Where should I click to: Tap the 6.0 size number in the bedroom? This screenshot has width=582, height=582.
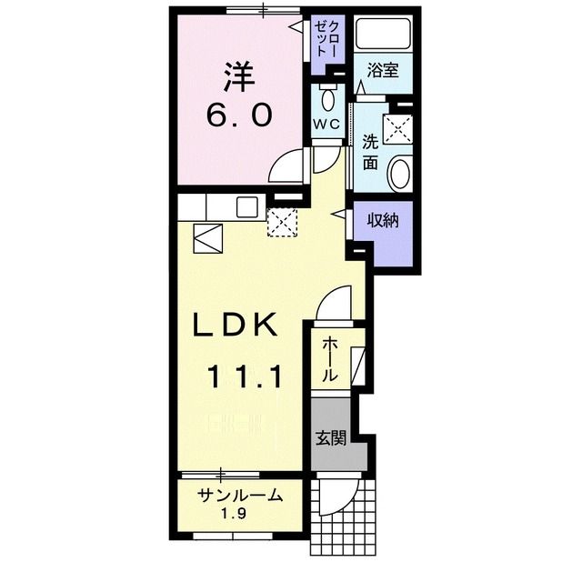(x=239, y=115)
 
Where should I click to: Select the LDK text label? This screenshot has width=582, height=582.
(x=235, y=325)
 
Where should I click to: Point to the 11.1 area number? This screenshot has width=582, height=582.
(x=245, y=376)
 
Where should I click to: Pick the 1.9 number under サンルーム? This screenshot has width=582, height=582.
(x=235, y=514)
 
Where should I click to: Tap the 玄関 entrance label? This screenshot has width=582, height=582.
(x=331, y=438)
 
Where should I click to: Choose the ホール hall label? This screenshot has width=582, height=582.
(x=329, y=360)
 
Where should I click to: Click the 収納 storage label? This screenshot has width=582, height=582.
(x=384, y=220)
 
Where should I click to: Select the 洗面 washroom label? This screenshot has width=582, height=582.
(x=370, y=152)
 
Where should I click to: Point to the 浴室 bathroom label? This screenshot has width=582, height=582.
(x=383, y=70)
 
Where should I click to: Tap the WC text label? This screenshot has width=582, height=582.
(x=326, y=124)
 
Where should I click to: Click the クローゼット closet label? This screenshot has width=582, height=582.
(x=326, y=38)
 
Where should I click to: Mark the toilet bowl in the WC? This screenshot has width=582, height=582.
(x=327, y=96)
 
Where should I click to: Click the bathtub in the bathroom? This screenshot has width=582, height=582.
(x=384, y=33)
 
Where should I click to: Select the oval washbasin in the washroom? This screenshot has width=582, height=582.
(x=400, y=174)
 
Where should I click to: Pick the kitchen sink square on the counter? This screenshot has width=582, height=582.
(x=246, y=207)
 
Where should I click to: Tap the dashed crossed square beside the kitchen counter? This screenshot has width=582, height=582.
(x=283, y=222)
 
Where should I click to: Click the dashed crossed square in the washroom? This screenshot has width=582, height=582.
(x=398, y=128)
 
